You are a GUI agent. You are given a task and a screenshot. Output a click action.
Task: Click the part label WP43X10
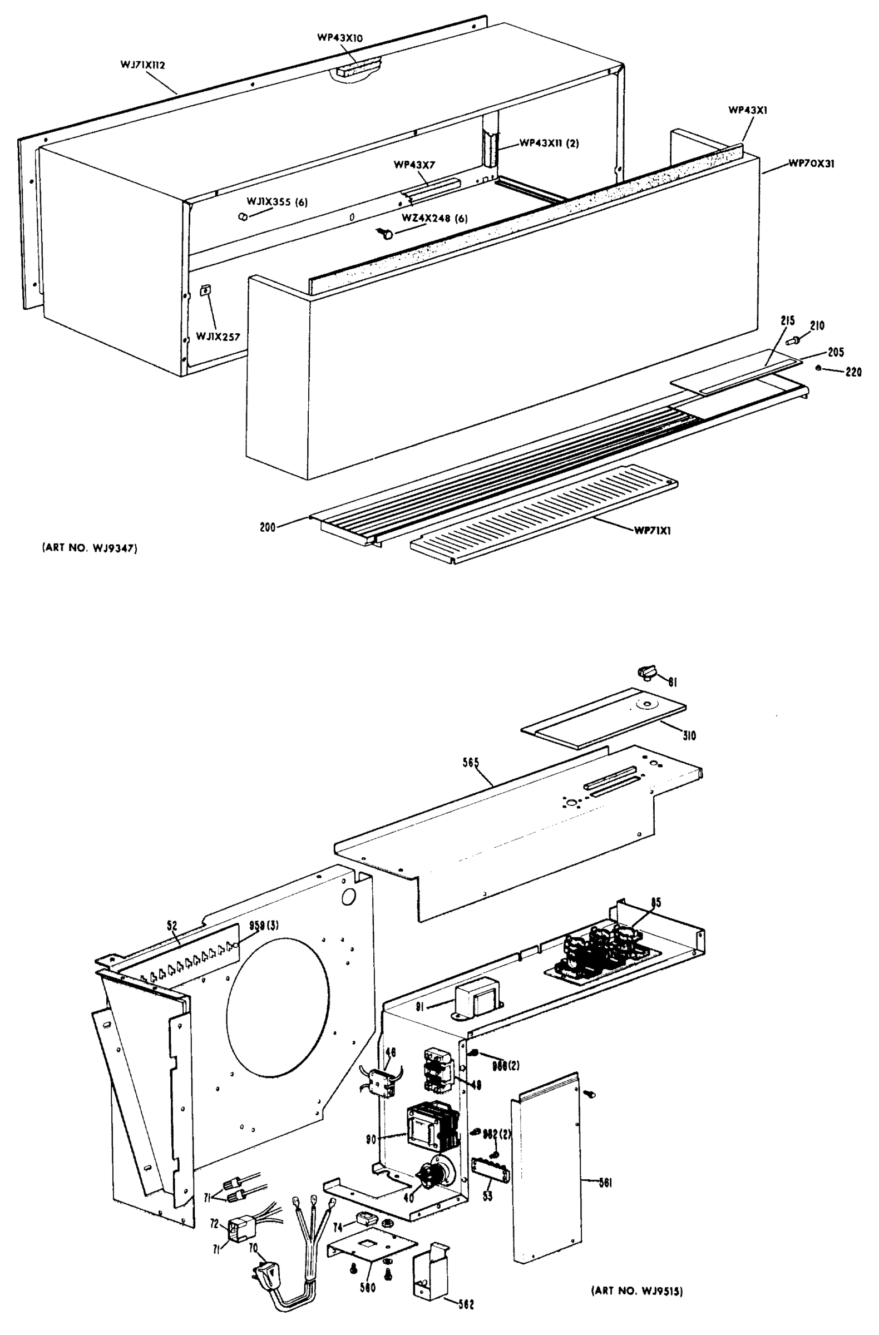[340, 38]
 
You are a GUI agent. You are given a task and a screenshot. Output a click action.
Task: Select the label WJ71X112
[142, 65]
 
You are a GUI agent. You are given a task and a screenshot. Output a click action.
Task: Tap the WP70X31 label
[811, 164]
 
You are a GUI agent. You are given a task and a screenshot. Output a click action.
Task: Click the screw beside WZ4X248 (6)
[387, 233]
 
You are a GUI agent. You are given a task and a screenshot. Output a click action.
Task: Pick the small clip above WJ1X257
[205, 290]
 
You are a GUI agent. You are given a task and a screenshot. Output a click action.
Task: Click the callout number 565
[471, 762]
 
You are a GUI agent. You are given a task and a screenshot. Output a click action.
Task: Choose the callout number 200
[268, 527]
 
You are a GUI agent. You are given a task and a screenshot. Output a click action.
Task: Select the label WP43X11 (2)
[549, 143]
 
